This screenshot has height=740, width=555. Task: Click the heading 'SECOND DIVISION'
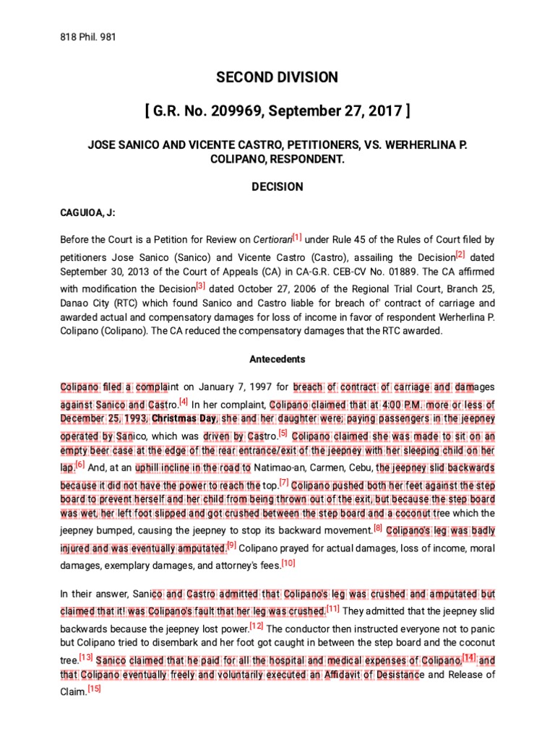(277, 77)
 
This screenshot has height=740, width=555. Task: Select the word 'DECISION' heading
(277, 186)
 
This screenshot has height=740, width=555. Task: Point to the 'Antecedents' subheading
(277, 359)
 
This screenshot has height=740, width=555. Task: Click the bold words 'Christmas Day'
(182, 420)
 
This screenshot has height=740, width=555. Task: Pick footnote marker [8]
(377, 529)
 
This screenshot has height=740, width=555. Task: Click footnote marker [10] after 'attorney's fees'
(288, 563)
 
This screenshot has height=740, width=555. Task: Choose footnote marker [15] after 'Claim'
(94, 688)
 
